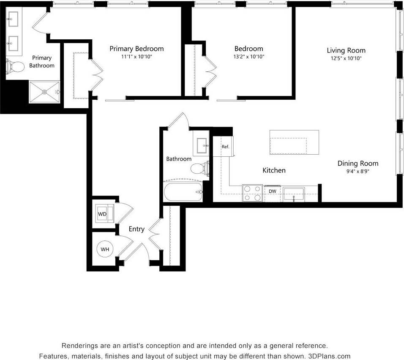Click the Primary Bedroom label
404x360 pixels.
(x=136, y=49)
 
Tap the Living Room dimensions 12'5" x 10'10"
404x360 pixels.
(x=346, y=59)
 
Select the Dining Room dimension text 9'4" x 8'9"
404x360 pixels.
(x=358, y=172)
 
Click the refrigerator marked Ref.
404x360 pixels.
(x=225, y=147)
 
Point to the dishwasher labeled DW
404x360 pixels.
(x=273, y=191)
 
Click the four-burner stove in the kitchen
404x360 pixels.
(x=252, y=193)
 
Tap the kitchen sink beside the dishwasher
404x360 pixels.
(x=293, y=195)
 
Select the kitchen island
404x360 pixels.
(x=294, y=142)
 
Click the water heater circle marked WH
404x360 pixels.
(x=105, y=249)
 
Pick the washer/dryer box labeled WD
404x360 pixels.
(x=103, y=213)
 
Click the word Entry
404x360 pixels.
(x=136, y=229)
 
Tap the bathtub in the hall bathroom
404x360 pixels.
(x=183, y=192)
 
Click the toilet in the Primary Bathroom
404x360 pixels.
(x=15, y=66)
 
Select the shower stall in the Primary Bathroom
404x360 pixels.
(x=44, y=92)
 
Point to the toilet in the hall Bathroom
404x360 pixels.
(x=199, y=169)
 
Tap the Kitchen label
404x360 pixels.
(x=274, y=170)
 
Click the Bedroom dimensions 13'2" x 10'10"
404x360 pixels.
(x=249, y=57)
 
